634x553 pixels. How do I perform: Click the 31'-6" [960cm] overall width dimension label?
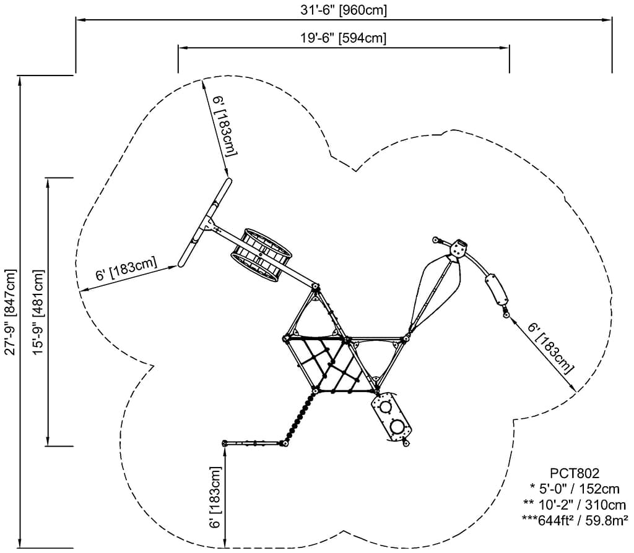click(x=343, y=10)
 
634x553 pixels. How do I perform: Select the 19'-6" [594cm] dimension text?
click(x=343, y=38)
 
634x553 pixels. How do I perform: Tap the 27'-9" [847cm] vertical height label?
click(x=10, y=312)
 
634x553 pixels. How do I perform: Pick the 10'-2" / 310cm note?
click(x=571, y=504)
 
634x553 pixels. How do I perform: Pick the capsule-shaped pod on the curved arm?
click(x=497, y=289)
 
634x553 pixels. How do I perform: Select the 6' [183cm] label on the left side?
click(x=126, y=271)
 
